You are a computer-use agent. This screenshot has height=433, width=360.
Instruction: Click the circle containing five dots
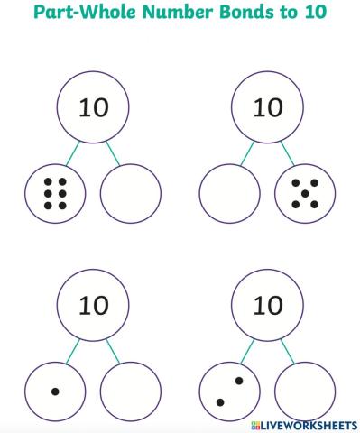(305, 191)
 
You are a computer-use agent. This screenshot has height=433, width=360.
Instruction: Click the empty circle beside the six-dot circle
(131, 191)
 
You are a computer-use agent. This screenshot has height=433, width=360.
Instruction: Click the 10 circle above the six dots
(94, 108)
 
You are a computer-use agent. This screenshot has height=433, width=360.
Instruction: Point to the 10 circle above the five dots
(267, 108)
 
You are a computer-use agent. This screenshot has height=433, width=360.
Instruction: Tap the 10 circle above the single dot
(94, 307)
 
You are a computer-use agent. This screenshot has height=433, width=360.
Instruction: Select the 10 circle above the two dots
(267, 307)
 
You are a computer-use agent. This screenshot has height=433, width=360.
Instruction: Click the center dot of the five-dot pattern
(305, 191)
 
